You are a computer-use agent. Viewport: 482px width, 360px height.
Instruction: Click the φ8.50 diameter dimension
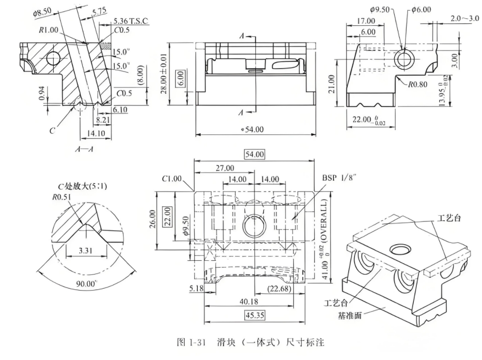[42, 14]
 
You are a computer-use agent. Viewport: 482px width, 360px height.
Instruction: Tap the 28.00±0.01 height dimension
[165, 74]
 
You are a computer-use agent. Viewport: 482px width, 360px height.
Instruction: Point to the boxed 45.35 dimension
[254, 316]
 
